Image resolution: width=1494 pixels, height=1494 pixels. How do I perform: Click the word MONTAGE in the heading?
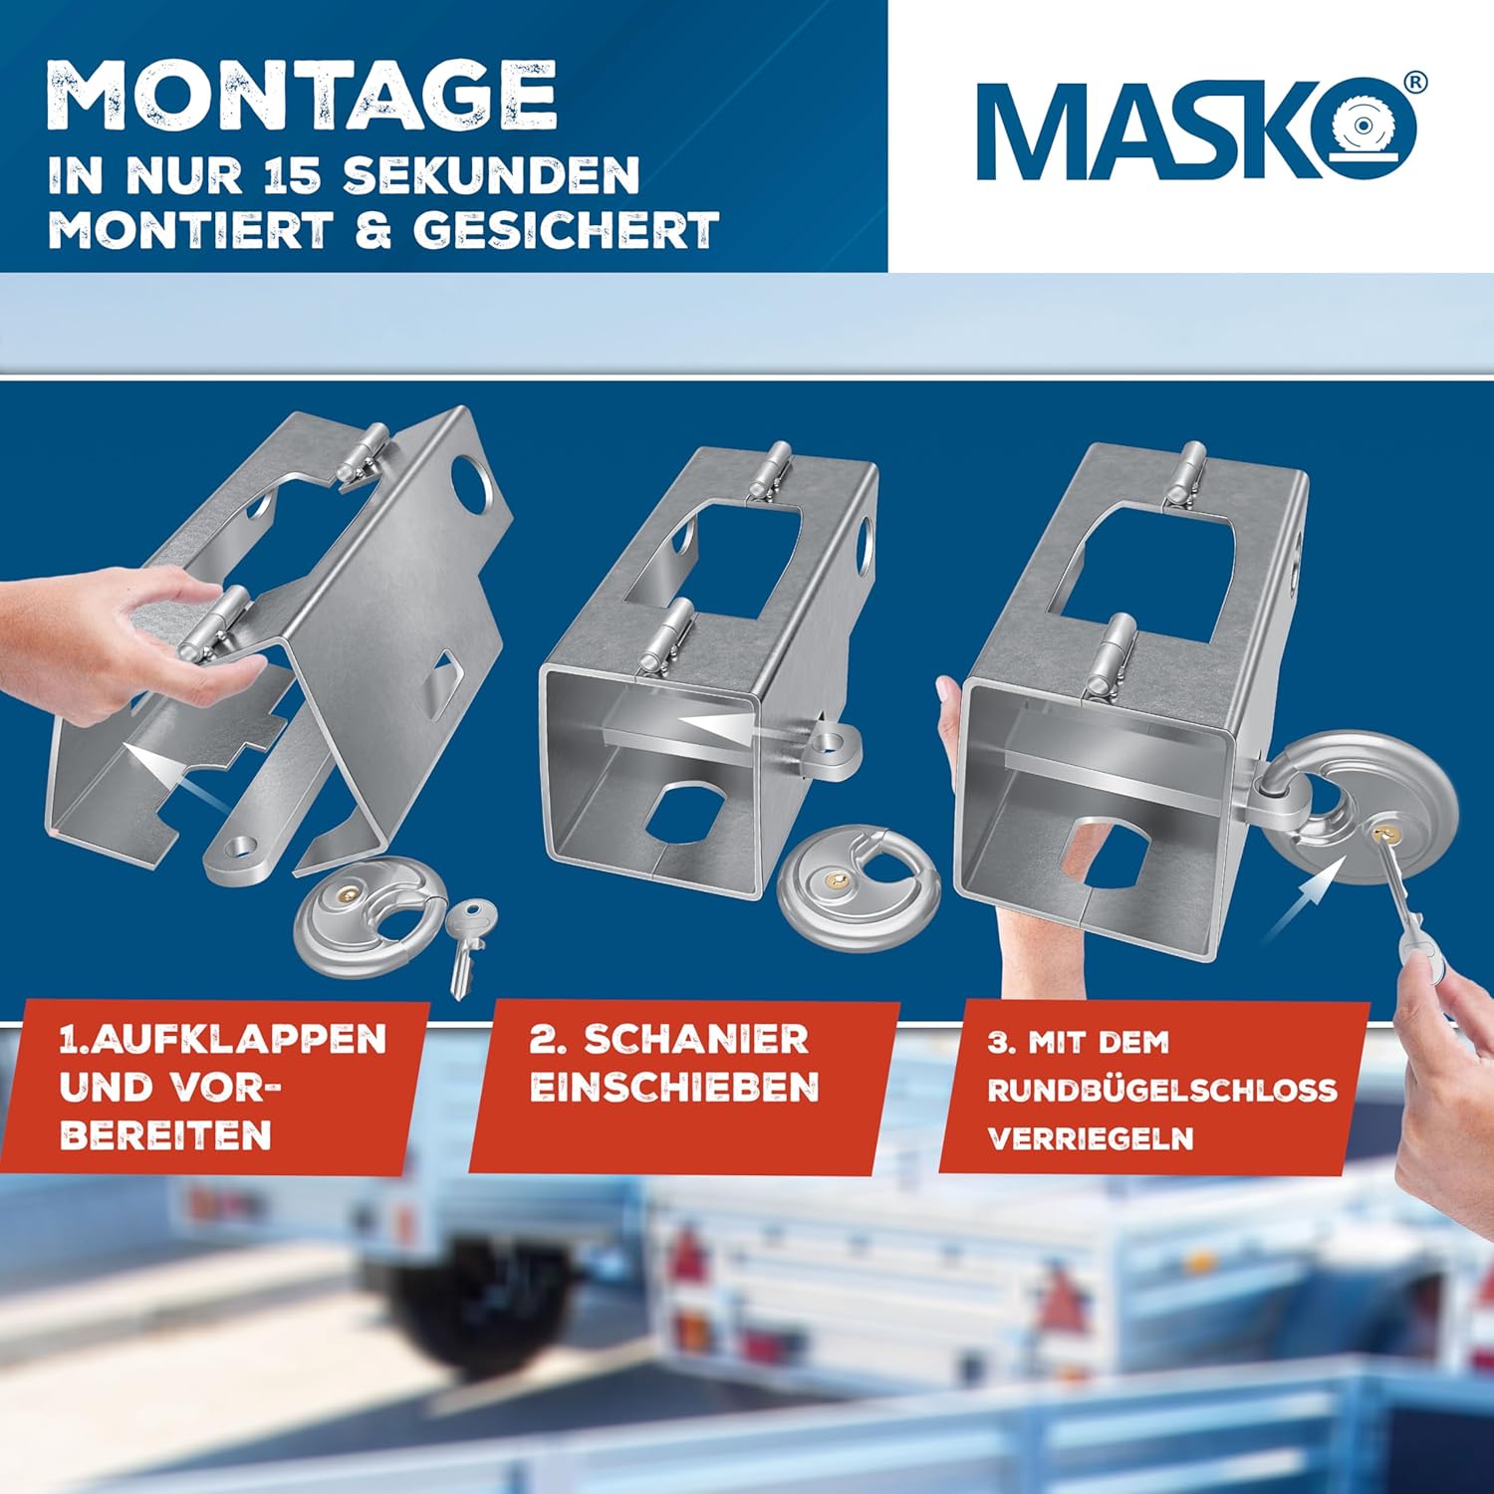click(302, 96)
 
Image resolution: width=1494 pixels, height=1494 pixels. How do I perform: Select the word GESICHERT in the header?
click(565, 230)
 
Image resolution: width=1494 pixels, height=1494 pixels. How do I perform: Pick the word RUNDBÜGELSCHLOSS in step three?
click(1161, 1090)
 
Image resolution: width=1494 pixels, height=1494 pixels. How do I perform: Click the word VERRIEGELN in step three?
click(1091, 1138)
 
